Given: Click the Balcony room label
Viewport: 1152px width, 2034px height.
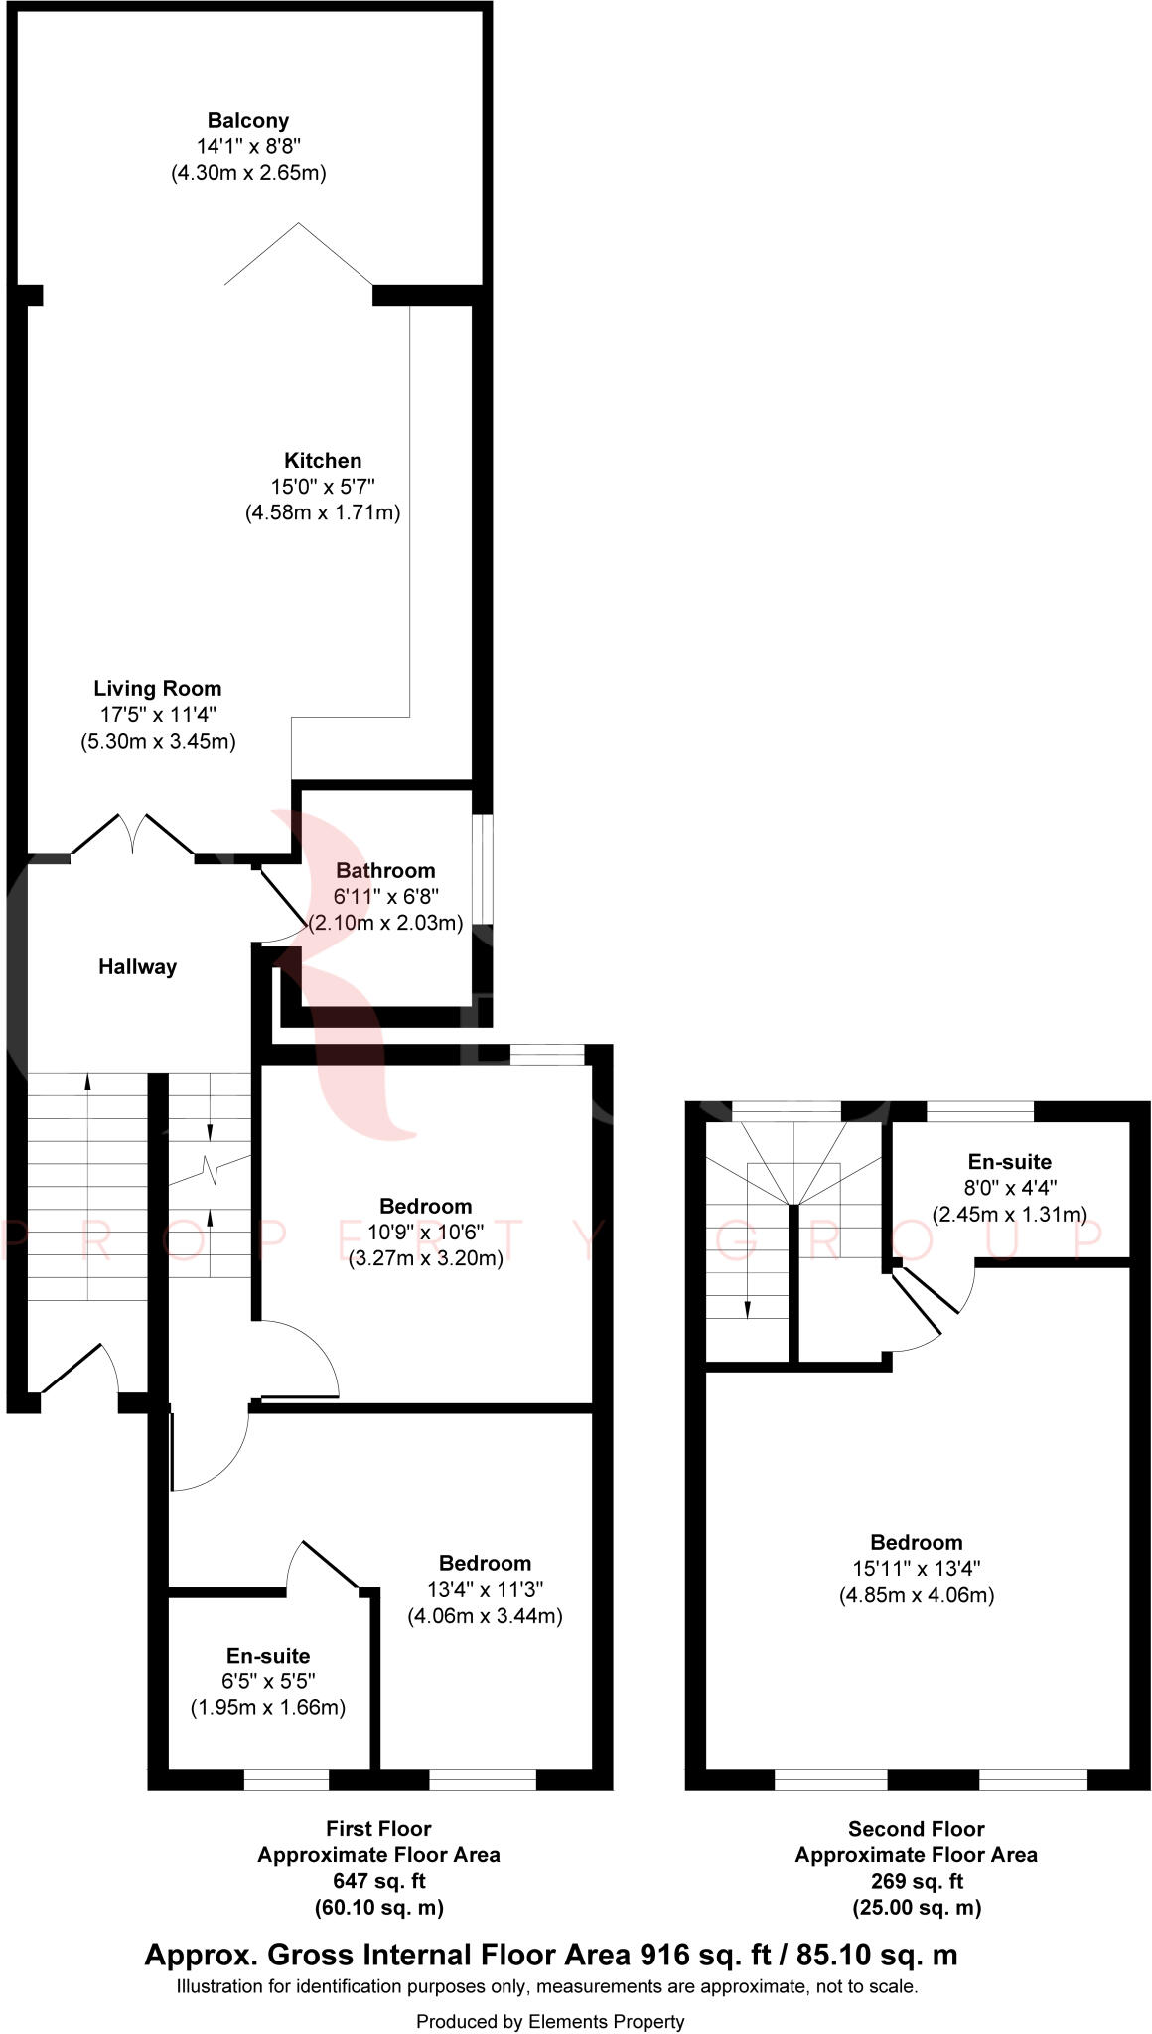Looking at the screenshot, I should [248, 121].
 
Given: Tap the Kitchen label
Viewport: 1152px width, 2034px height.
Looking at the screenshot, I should [323, 461].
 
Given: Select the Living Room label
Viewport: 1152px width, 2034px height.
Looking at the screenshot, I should [158, 689].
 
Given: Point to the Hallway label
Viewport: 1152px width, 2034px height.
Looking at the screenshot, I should [137, 967].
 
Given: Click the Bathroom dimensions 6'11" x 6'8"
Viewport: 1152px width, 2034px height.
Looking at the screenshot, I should [386, 896].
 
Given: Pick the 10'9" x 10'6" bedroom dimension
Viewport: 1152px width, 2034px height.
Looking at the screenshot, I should [425, 1233].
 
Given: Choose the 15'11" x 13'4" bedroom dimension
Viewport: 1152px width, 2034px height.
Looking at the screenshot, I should [916, 1569].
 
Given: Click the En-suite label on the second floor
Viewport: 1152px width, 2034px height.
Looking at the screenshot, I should [1009, 1162].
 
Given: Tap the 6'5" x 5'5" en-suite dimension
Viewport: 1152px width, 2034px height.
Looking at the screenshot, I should [268, 1681].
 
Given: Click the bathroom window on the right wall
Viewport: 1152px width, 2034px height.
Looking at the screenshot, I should [482, 870].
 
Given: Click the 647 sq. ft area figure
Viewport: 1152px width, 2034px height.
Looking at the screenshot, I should [378, 1881].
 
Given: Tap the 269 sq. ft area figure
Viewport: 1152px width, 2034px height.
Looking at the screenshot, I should [916, 1881].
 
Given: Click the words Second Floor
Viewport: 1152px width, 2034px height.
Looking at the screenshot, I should [916, 1829].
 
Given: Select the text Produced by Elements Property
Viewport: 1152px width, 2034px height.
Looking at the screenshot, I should [550, 2021].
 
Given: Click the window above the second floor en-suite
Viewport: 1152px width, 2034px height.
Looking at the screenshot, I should [979, 1111].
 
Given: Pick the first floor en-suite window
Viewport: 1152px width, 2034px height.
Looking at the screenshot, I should [286, 1779].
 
